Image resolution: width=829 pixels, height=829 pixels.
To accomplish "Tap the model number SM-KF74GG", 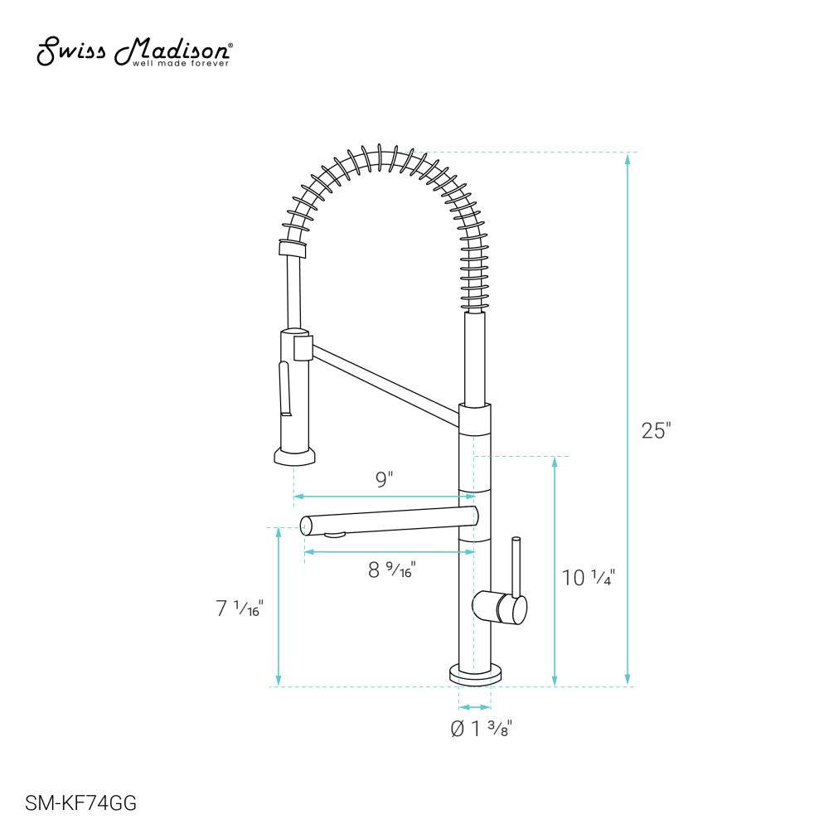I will (81, 802).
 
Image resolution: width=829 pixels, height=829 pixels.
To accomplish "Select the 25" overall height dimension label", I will (656, 431).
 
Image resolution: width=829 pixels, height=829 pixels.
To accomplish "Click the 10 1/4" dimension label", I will (588, 578).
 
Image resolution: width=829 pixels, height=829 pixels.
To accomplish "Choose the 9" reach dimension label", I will (384, 479).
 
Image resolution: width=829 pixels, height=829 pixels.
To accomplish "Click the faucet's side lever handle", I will (515, 572).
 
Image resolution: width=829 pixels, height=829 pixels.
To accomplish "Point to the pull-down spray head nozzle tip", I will (294, 456).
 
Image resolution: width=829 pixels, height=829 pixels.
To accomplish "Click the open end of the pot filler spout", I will (305, 524).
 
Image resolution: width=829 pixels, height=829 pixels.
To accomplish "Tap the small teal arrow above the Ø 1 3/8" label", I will (474, 707).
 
